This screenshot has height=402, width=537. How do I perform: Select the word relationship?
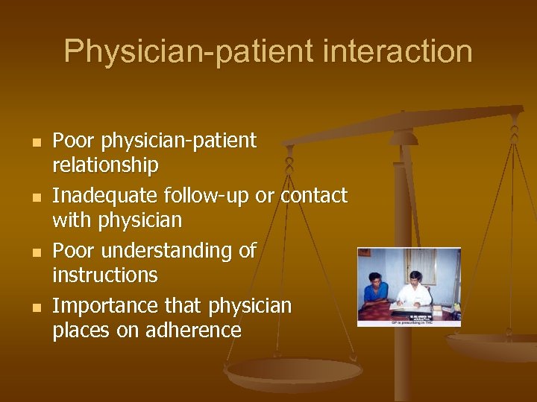[x=105, y=165]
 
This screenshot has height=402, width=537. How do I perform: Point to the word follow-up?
[x=208, y=196]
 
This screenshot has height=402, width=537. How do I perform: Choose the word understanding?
[x=169, y=251]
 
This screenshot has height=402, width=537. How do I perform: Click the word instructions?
[x=105, y=275]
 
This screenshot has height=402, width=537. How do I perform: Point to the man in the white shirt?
[x=415, y=287]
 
